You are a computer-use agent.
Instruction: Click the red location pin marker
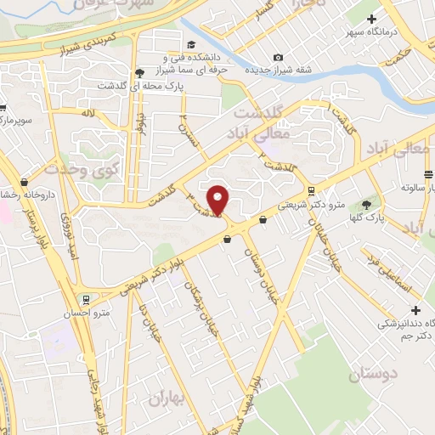pyautogui.click(x=219, y=201)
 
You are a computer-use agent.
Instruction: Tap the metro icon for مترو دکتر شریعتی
pyautogui.click(x=312, y=190)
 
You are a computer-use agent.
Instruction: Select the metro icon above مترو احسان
pyautogui.click(x=86, y=299)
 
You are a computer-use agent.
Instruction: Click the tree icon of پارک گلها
pyautogui.click(x=366, y=204)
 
